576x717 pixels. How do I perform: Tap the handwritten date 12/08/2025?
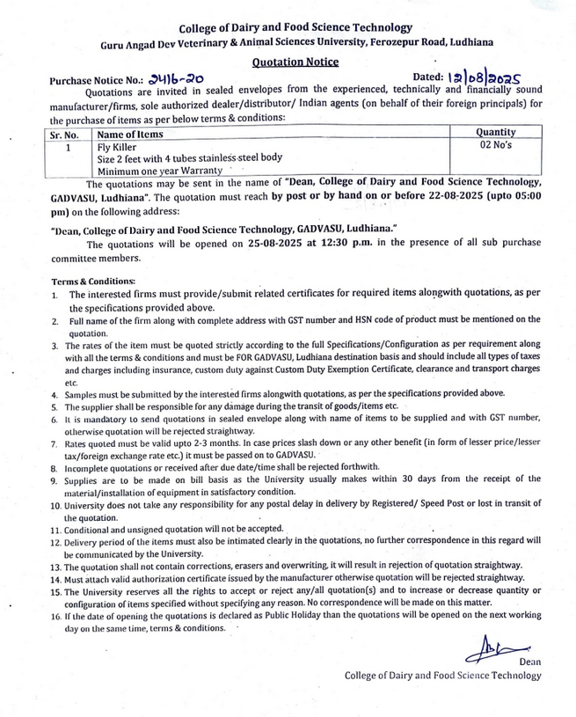click(x=499, y=78)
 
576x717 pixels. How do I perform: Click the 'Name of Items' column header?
click(x=130, y=135)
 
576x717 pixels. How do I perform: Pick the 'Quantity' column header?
click(x=495, y=131)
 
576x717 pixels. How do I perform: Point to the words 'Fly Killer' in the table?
click(x=118, y=147)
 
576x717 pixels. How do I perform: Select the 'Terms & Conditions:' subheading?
click(x=93, y=281)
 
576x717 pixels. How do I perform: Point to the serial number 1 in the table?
click(x=66, y=148)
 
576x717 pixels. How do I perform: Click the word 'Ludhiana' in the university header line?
click(x=468, y=42)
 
